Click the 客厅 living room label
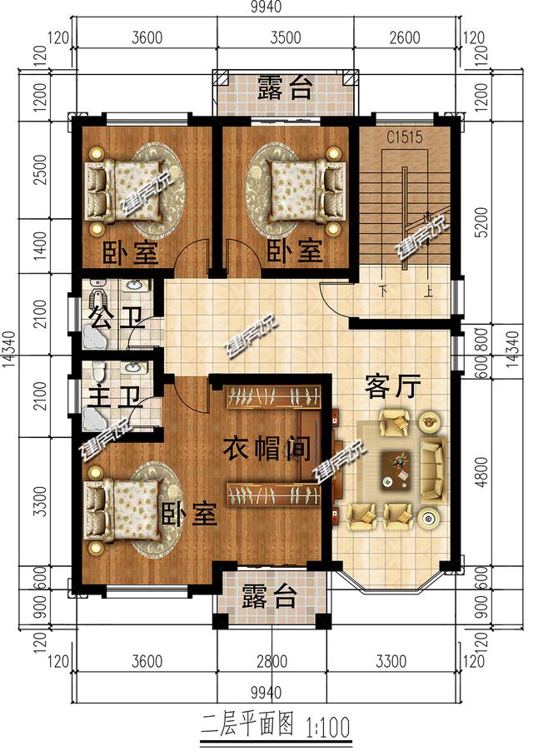coord(392,386)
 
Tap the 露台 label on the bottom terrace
coord(269,596)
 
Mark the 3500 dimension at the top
coord(286,37)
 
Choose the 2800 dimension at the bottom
coord(271,663)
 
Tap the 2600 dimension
coord(405,37)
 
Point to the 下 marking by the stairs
coord(382,291)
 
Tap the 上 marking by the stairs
coord(428,291)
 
